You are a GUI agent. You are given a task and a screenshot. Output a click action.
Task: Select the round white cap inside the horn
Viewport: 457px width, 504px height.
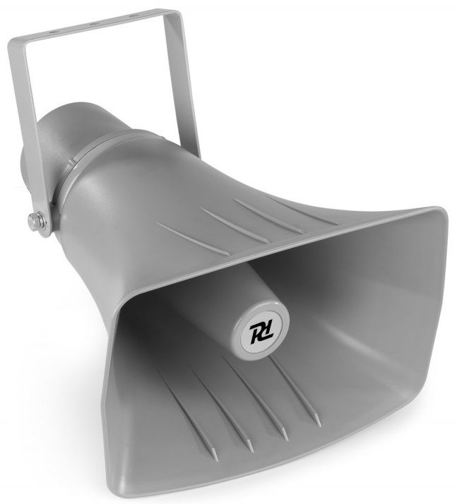pos(261,330)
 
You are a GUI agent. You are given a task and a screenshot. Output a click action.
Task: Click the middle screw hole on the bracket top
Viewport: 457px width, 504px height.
pos(93,24)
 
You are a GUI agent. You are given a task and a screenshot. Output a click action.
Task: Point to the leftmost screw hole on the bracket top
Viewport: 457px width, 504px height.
pos(54,32)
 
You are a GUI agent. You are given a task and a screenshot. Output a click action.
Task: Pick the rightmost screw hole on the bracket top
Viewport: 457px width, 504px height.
pos(131,16)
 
